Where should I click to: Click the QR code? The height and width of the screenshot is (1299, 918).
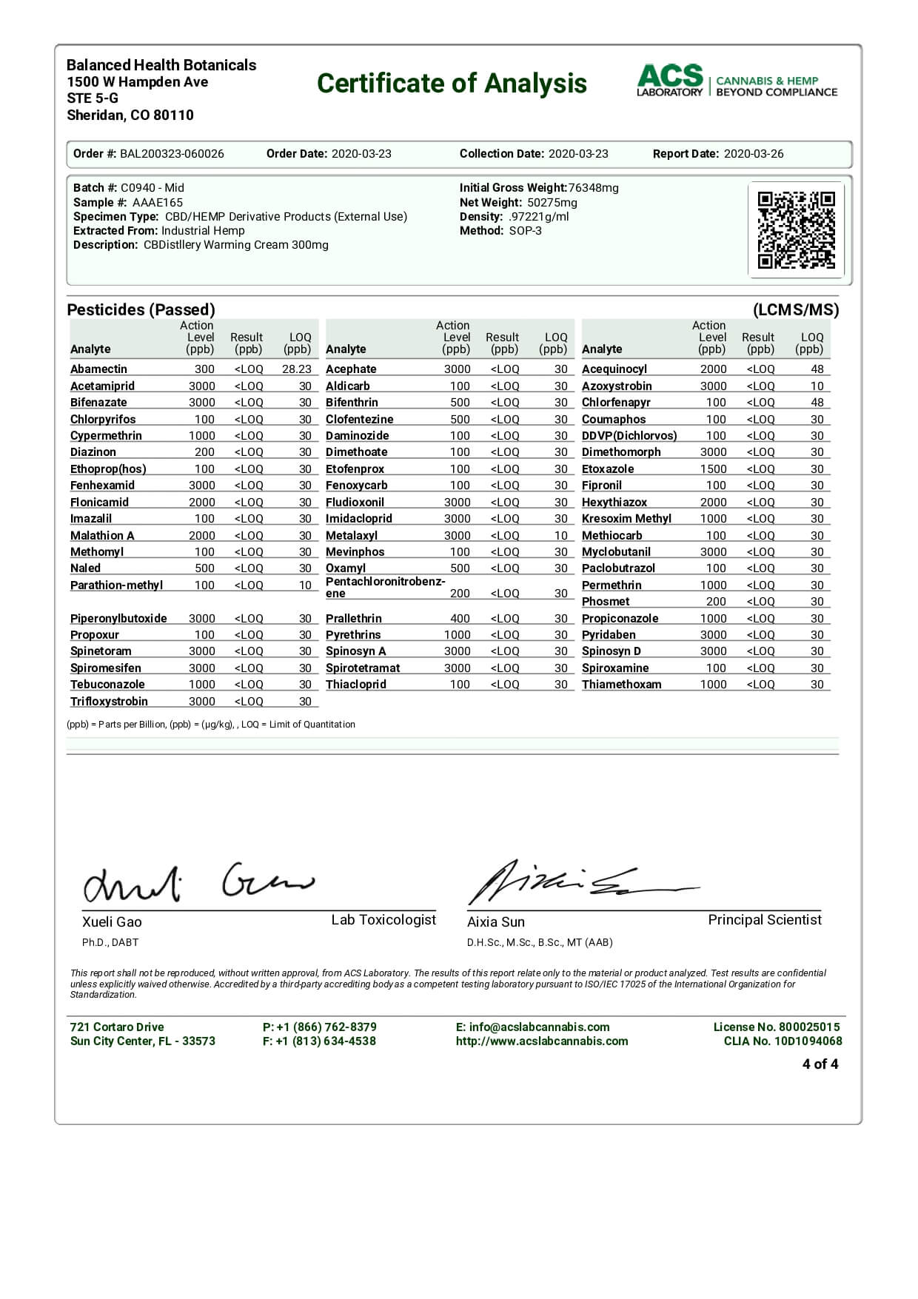click(x=796, y=229)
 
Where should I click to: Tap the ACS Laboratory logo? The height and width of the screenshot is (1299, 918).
click(x=737, y=81)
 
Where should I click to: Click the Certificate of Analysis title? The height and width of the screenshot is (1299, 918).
click(x=452, y=84)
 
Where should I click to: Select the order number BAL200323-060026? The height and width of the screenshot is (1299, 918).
click(x=172, y=154)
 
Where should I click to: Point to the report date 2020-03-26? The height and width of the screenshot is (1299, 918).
click(x=753, y=154)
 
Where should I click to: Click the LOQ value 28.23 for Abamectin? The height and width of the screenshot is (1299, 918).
click(x=296, y=369)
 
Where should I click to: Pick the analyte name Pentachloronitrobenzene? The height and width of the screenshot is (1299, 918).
click(x=385, y=587)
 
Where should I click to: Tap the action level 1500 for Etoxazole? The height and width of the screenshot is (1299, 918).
click(x=713, y=469)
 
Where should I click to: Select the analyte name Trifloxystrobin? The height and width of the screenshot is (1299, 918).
click(x=109, y=701)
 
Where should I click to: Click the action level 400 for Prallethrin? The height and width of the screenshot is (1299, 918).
click(x=460, y=618)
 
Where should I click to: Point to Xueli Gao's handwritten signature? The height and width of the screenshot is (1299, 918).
click(x=196, y=882)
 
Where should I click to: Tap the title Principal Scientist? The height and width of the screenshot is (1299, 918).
click(x=764, y=919)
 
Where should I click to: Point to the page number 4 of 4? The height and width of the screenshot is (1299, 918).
click(x=820, y=1064)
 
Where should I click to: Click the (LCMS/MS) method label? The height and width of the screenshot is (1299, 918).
click(x=795, y=309)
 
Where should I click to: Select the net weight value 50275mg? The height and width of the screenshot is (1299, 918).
click(x=552, y=202)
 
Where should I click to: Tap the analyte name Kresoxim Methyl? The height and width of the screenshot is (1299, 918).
click(x=626, y=518)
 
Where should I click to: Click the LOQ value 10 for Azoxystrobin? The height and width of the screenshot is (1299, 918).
click(x=817, y=386)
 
